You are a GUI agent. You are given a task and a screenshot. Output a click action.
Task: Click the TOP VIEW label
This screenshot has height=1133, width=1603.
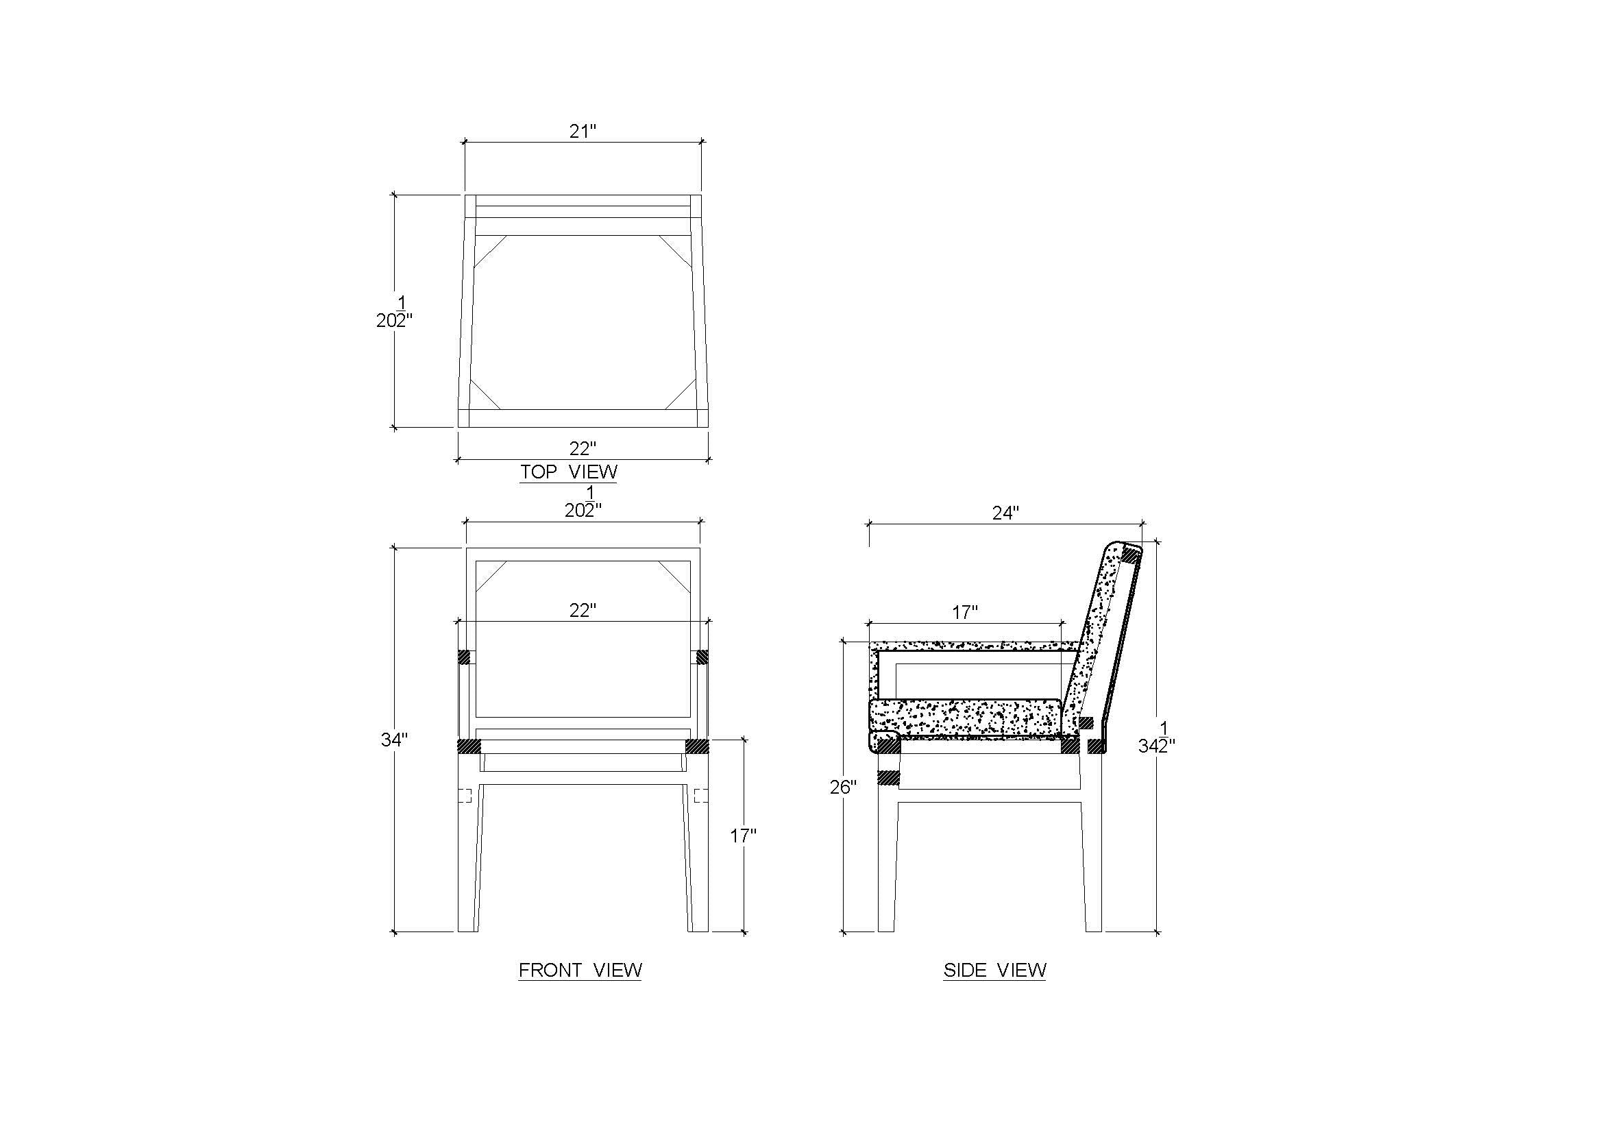coord(568,472)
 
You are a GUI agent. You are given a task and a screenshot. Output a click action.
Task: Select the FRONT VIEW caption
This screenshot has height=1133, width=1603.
coord(580,970)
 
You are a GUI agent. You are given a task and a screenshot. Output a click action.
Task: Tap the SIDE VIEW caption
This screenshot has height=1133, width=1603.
coord(995,970)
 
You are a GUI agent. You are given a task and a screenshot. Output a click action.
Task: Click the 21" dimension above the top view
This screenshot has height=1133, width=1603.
coord(583,131)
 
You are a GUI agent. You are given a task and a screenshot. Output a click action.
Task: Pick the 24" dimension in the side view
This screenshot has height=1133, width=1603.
coord(1006,513)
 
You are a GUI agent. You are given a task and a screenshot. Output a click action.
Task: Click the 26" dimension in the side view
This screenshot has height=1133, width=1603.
coord(844,788)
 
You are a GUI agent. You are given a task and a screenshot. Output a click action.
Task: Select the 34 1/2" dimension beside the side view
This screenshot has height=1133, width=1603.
coord(1157,739)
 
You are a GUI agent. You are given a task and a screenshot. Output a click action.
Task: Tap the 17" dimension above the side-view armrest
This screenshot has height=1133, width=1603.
coord(965,612)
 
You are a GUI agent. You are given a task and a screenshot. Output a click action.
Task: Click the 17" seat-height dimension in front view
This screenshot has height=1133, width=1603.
coord(744,835)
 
